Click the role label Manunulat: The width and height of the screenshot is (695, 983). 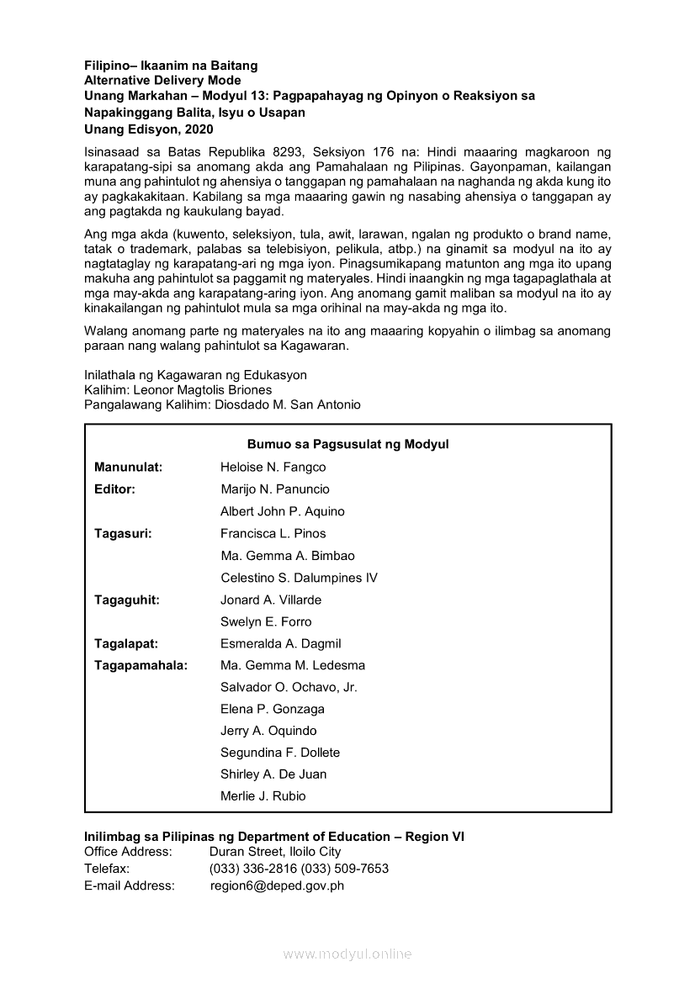[x=128, y=468]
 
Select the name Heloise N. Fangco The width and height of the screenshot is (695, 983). [x=273, y=468]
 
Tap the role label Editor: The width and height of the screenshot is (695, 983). [x=115, y=489]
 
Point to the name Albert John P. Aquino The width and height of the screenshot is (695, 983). [x=282, y=511]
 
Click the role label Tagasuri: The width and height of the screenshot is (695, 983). [x=123, y=533]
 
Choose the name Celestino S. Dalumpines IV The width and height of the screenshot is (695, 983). [x=299, y=578]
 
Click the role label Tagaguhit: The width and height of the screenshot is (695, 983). [x=126, y=600]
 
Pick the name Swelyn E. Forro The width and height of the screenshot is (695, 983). [x=266, y=621]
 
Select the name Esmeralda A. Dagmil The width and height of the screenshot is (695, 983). [x=280, y=643]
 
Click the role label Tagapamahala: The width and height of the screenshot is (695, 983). [x=141, y=665]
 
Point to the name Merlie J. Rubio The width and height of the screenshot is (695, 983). [x=263, y=795]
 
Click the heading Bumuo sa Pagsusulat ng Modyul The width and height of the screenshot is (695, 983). [x=347, y=445]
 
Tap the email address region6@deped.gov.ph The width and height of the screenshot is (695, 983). [x=277, y=885]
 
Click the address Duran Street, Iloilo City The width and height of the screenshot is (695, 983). [x=275, y=852]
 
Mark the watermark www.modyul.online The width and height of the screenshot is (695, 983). [x=347, y=954]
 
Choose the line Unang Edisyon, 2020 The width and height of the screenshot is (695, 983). [x=149, y=129]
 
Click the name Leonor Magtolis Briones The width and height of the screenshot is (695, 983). [x=203, y=390]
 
